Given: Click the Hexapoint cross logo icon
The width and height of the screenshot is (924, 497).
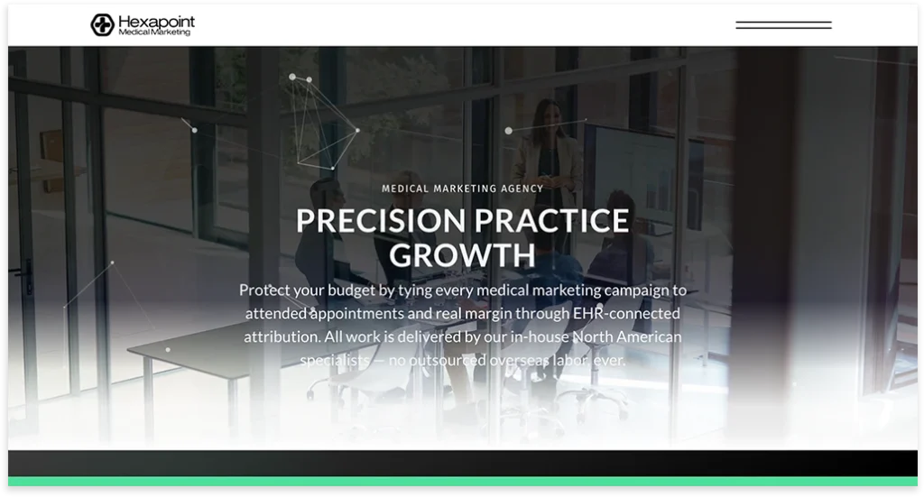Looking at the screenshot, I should point(102,24).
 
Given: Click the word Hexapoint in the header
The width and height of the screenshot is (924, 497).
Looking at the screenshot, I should point(156,21).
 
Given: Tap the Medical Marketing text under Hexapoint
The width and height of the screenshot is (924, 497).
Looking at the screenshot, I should point(154,32).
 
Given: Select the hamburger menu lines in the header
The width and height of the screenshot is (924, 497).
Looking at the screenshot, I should point(782,25).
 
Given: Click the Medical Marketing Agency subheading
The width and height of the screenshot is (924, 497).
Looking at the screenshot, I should point(462,189).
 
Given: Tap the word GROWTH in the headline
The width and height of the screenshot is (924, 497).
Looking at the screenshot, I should point(462,255).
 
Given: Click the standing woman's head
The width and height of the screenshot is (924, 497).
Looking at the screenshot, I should point(549,113).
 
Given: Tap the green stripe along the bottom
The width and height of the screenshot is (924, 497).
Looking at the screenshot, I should point(462,482).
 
